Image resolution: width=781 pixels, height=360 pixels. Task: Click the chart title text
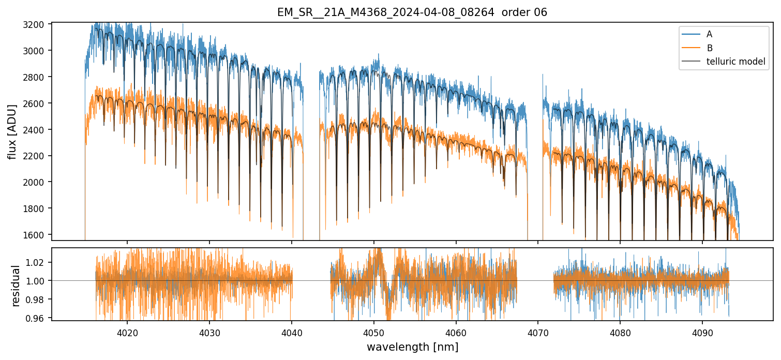(412, 12)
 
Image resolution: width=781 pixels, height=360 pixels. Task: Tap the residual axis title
(16, 286)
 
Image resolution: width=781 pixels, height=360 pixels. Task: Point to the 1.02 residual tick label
(39, 263)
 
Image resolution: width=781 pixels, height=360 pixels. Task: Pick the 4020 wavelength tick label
(127, 332)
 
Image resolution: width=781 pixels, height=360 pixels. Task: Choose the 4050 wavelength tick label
(373, 332)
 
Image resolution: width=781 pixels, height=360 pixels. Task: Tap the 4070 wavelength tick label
(538, 332)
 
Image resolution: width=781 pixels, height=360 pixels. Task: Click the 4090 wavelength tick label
(702, 332)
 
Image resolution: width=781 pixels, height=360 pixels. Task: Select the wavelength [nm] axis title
(412, 347)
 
